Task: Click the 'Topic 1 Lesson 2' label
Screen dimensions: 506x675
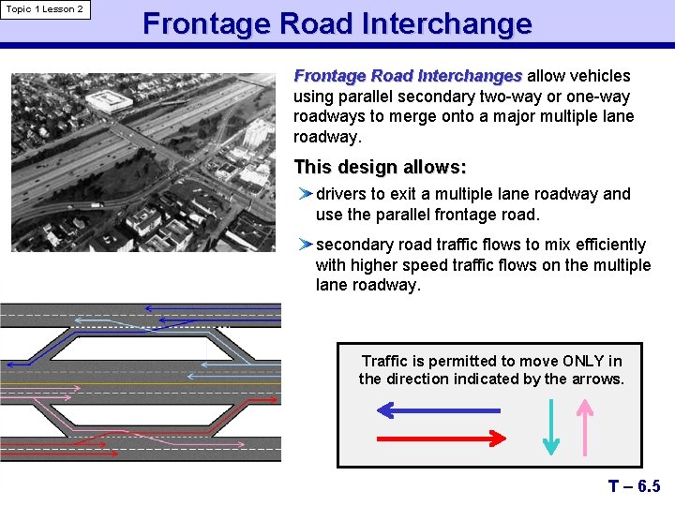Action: (44, 9)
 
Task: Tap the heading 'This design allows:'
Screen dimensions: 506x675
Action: (380, 167)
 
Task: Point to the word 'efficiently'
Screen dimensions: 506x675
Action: (599, 245)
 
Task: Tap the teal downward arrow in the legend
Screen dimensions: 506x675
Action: (552, 426)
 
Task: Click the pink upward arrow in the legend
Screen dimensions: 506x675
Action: (585, 426)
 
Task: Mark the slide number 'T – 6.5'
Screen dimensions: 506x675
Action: (634, 485)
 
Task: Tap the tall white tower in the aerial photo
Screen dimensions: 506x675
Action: (255, 133)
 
